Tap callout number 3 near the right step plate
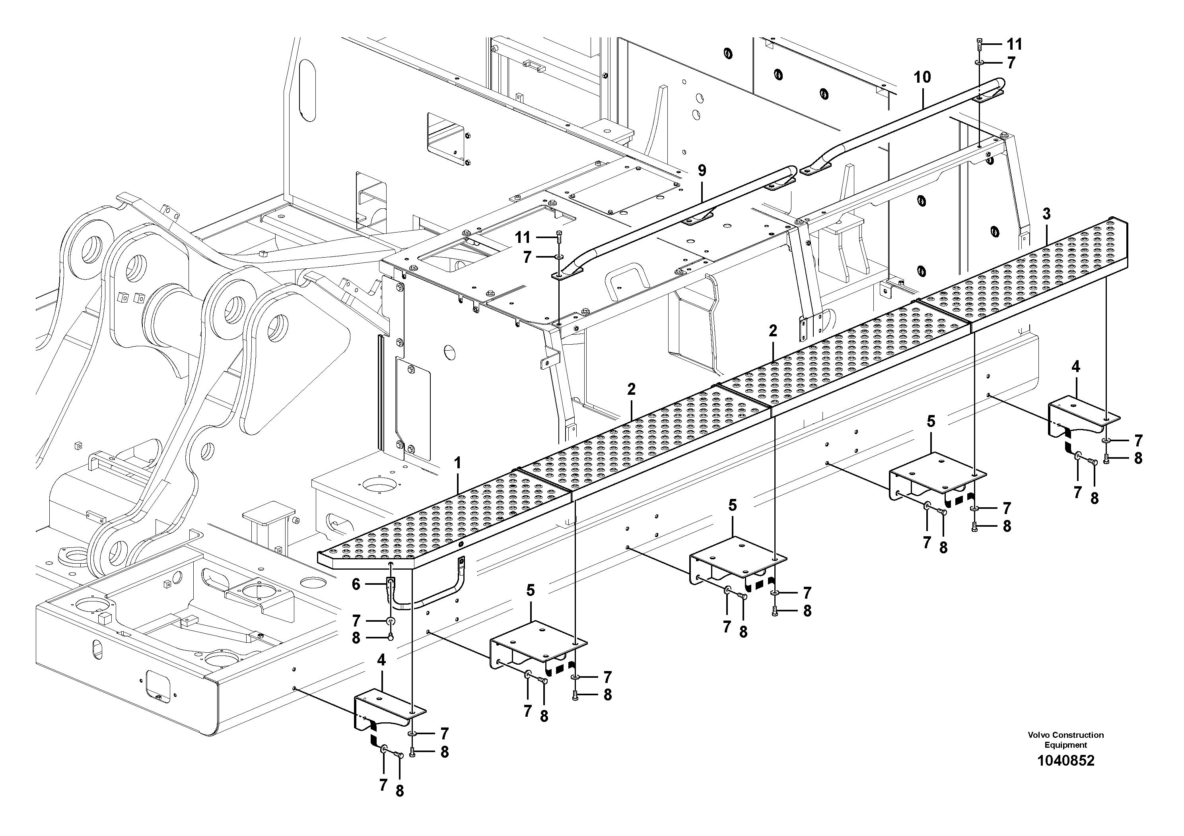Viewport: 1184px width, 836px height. tap(1046, 213)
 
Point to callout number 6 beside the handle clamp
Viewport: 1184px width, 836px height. tap(356, 584)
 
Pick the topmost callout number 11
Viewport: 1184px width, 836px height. tap(1014, 45)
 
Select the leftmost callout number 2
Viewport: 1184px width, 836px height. tap(632, 389)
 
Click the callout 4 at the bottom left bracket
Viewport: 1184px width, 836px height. tap(381, 660)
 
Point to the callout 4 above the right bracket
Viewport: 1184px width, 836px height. tap(1075, 367)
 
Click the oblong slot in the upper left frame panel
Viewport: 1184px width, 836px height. tap(307, 90)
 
